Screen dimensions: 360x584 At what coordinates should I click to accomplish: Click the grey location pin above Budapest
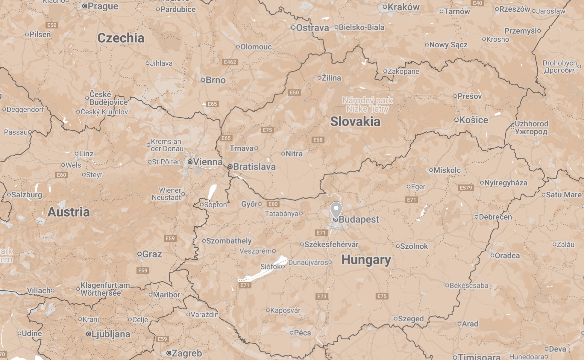pyautogui.click(x=336, y=209)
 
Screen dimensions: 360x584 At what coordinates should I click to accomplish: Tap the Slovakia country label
pyautogui.click(x=355, y=122)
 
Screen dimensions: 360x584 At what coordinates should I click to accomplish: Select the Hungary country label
pyautogui.click(x=366, y=260)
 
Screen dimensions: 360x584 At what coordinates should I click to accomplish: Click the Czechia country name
pyautogui.click(x=121, y=38)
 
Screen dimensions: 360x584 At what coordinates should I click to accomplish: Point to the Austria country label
pyautogui.click(x=69, y=212)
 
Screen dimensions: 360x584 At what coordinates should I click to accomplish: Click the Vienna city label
pyautogui.click(x=207, y=162)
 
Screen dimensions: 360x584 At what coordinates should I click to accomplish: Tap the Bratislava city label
pyautogui.click(x=254, y=167)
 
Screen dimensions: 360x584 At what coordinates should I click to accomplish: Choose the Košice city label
pyautogui.click(x=473, y=120)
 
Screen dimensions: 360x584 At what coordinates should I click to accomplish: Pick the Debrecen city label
pyautogui.click(x=495, y=217)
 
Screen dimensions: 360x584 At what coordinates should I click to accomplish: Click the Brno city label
pyautogui.click(x=215, y=80)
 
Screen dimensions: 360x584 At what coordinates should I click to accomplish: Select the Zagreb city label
pyautogui.click(x=186, y=353)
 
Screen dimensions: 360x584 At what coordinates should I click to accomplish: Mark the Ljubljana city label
pyautogui.click(x=110, y=334)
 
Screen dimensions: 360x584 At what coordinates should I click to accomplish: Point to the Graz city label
pyautogui.click(x=152, y=254)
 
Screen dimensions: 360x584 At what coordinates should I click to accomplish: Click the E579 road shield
pyautogui.click(x=466, y=188)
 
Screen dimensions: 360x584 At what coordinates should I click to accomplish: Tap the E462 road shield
pyautogui.click(x=230, y=62)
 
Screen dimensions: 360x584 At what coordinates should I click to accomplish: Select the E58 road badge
pyautogui.click(x=318, y=140)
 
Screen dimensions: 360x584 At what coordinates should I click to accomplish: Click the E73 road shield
pyautogui.click(x=322, y=297)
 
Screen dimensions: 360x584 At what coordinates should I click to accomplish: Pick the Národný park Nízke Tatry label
pyautogui.click(x=368, y=105)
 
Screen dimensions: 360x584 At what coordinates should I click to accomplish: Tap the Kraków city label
pyautogui.click(x=403, y=7)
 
